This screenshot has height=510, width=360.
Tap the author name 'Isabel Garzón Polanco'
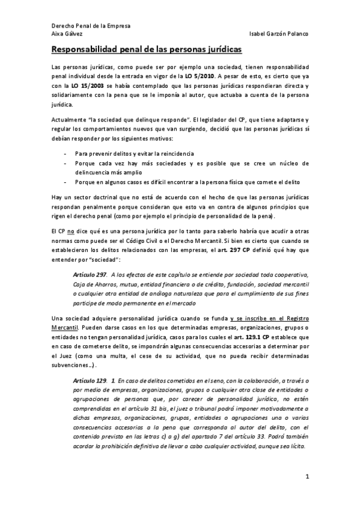(x=278, y=34)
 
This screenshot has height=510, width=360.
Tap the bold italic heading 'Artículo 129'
(x=90, y=381)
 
